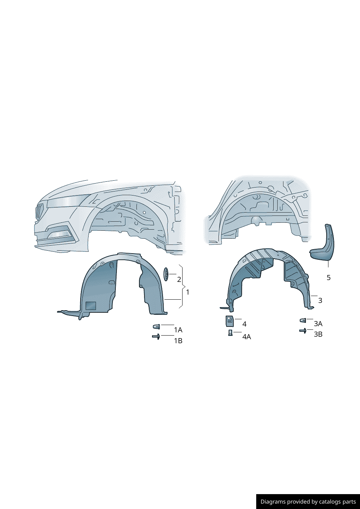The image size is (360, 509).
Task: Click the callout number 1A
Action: [178, 330]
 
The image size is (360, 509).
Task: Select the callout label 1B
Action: [178, 341]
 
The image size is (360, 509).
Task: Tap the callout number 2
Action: [179, 279]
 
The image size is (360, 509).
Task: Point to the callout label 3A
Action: [318, 324]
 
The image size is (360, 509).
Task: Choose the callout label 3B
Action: [318, 334]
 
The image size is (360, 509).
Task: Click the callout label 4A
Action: [246, 337]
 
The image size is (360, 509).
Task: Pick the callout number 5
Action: [328, 278]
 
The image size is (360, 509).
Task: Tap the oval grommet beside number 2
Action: [166, 274]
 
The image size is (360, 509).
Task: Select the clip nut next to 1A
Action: [156, 327]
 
